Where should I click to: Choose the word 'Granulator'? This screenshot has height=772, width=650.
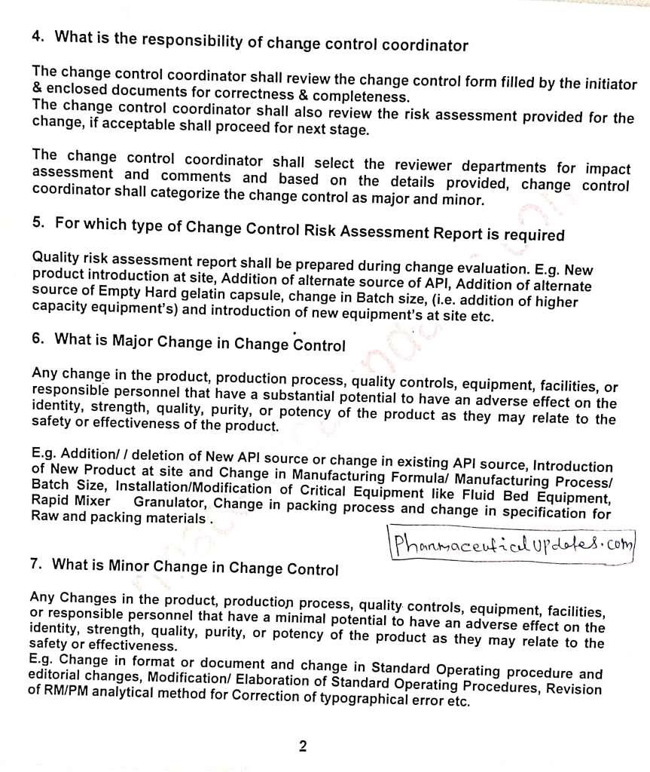pos(171,503)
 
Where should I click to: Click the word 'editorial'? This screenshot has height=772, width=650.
pos(59,676)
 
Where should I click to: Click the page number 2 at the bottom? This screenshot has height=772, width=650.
pos(303,747)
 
